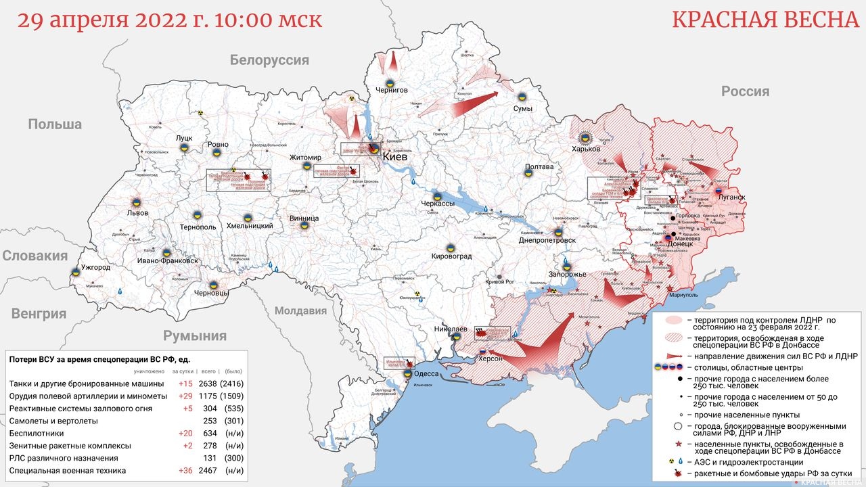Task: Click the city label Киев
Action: point(395,156)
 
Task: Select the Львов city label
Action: point(133,212)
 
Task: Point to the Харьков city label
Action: point(586,149)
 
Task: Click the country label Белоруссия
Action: point(269,60)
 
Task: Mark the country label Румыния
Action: point(194,336)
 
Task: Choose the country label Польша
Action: point(55,124)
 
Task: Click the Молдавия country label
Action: point(300,311)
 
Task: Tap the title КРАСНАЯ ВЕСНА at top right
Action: point(765,20)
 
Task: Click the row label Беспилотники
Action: point(37,433)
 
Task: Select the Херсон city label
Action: point(491,358)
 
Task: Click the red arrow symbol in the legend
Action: point(673,356)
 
